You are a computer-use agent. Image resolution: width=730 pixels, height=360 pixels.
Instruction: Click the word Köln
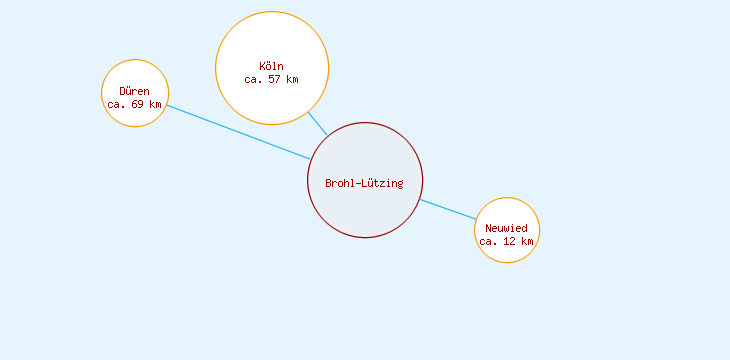pyautogui.click(x=271, y=67)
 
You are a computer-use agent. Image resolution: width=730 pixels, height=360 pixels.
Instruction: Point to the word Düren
pyautogui.click(x=134, y=92)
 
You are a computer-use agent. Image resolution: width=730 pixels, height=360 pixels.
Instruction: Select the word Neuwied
pyautogui.click(x=506, y=229)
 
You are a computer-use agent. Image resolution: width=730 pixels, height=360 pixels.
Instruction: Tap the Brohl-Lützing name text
pyautogui.click(x=364, y=183)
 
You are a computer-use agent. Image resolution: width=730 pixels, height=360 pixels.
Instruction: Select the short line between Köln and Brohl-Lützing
pyautogui.click(x=317, y=124)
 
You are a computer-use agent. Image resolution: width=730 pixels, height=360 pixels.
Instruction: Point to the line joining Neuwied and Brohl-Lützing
pyautogui.click(x=448, y=210)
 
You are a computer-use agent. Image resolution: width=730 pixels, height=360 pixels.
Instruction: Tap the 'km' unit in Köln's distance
pyautogui.click(x=292, y=80)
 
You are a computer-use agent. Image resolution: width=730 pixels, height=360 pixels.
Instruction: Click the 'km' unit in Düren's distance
pyautogui.click(x=155, y=105)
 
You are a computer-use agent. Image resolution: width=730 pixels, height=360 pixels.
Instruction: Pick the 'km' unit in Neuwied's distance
pyautogui.click(x=527, y=242)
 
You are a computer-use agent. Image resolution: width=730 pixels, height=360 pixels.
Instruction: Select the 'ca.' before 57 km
pyautogui.click(x=253, y=80)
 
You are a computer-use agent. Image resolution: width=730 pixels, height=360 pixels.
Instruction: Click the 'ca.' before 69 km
pyautogui.click(x=116, y=105)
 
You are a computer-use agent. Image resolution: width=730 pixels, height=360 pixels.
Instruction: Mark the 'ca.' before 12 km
pyautogui.click(x=488, y=242)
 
